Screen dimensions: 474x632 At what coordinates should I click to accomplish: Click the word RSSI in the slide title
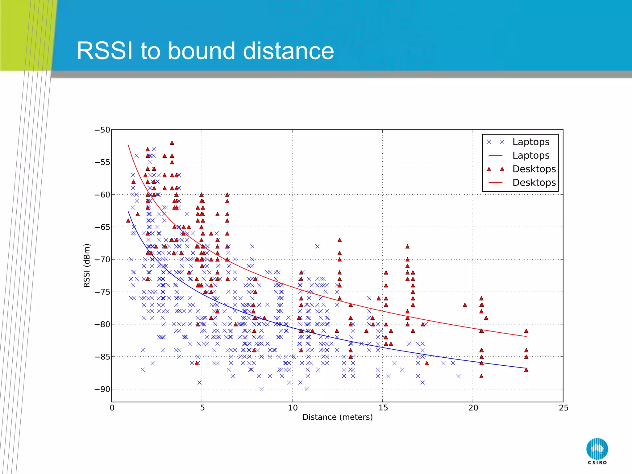pyautogui.click(x=105, y=51)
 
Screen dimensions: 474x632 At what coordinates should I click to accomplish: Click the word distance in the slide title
pyautogui.click(x=288, y=51)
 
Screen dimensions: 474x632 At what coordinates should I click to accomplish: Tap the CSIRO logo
pyautogui.click(x=597, y=451)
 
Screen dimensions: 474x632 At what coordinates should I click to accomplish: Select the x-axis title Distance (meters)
pyautogui.click(x=337, y=417)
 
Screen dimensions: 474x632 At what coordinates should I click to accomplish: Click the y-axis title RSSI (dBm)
pyautogui.click(x=87, y=265)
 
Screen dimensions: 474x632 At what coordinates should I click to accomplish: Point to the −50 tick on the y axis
pyautogui.click(x=102, y=130)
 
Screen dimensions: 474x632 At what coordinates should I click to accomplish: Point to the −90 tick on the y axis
pyautogui.click(x=102, y=389)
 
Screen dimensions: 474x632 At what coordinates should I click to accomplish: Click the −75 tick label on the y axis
pyautogui.click(x=102, y=292)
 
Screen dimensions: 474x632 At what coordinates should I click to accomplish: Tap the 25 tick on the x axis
pyautogui.click(x=563, y=408)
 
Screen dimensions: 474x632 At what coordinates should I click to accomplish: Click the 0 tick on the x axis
pyautogui.click(x=112, y=408)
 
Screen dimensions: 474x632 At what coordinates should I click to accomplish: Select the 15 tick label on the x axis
pyautogui.click(x=383, y=408)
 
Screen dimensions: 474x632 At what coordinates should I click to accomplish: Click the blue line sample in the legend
pyautogui.click(x=496, y=156)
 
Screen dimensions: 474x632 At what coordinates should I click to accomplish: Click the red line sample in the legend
pyautogui.click(x=496, y=183)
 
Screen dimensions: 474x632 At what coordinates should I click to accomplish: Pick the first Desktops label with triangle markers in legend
pyautogui.click(x=534, y=169)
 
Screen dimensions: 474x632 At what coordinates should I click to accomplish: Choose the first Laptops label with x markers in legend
pyautogui.click(x=531, y=142)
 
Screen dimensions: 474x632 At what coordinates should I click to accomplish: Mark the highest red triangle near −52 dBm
pyautogui.click(x=172, y=143)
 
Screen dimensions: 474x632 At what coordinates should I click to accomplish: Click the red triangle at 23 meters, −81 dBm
pyautogui.click(x=526, y=331)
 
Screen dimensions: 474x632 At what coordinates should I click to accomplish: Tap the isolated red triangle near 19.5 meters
pyautogui.click(x=465, y=305)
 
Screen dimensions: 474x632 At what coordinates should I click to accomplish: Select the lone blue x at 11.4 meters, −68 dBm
pyautogui.click(x=317, y=246)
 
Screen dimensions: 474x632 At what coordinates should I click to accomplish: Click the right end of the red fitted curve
pyautogui.click(x=526, y=336)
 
